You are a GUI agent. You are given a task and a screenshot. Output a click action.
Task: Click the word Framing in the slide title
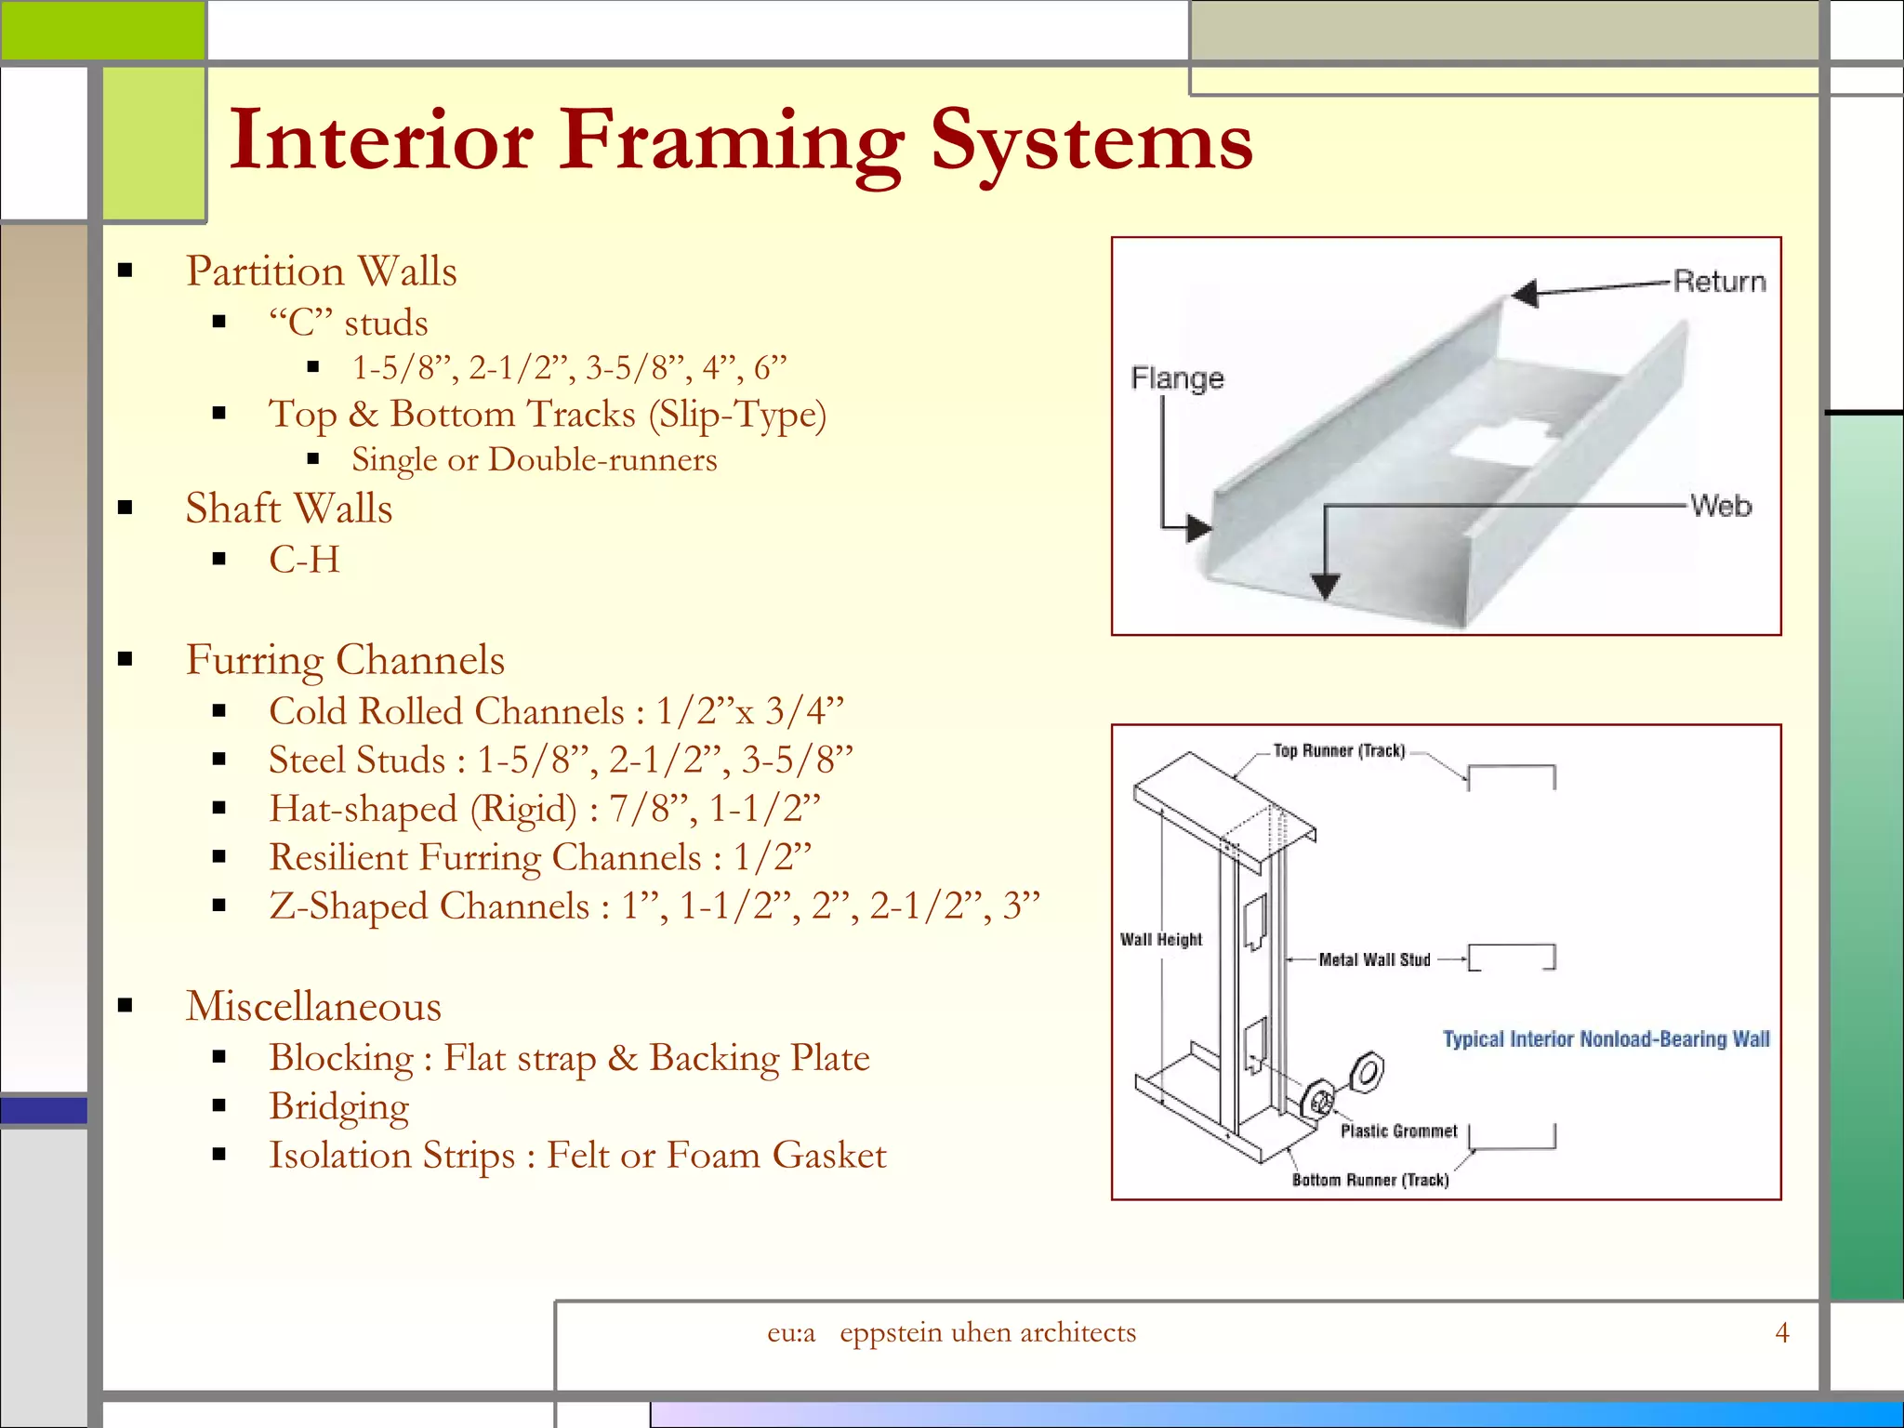click(x=730, y=141)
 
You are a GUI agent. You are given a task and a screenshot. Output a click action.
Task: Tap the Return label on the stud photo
click(x=1719, y=282)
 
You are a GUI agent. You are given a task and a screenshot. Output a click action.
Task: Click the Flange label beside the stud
click(x=1177, y=378)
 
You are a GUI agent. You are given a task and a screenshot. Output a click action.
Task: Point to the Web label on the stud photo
click(x=1721, y=507)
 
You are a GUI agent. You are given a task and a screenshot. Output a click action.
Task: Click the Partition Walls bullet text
click(x=321, y=271)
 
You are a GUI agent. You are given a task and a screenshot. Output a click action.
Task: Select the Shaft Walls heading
click(x=288, y=509)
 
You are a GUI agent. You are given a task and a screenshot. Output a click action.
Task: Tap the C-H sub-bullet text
click(x=304, y=560)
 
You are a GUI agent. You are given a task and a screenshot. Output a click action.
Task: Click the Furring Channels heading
click(x=345, y=660)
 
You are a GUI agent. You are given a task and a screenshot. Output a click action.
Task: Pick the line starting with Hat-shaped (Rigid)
click(x=545, y=809)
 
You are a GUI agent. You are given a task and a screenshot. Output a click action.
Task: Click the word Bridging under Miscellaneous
click(x=338, y=1106)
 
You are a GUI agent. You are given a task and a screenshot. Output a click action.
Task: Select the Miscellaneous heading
click(x=313, y=1007)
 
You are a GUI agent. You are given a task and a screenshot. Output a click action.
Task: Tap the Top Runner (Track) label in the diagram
click(x=1338, y=751)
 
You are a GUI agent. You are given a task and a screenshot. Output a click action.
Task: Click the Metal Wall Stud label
click(x=1374, y=959)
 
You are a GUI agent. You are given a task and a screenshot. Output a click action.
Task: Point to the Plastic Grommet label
click(x=1398, y=1130)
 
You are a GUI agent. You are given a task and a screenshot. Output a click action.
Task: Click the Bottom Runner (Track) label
click(x=1370, y=1180)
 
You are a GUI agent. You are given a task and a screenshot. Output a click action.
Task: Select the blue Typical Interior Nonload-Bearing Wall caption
click(x=1606, y=1039)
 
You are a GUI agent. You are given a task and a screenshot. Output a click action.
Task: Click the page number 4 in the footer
click(x=1781, y=1333)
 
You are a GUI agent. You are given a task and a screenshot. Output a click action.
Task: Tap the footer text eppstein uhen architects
click(x=987, y=1333)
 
